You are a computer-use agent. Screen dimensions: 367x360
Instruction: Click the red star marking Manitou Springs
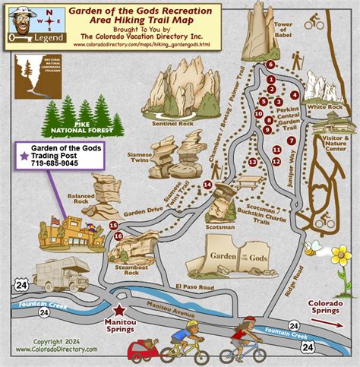[x=118, y=309]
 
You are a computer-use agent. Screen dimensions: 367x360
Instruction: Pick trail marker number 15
[x=112, y=225]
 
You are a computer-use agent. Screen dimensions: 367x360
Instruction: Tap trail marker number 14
[x=207, y=185]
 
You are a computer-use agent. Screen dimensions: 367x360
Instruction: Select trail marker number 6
[x=270, y=65]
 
